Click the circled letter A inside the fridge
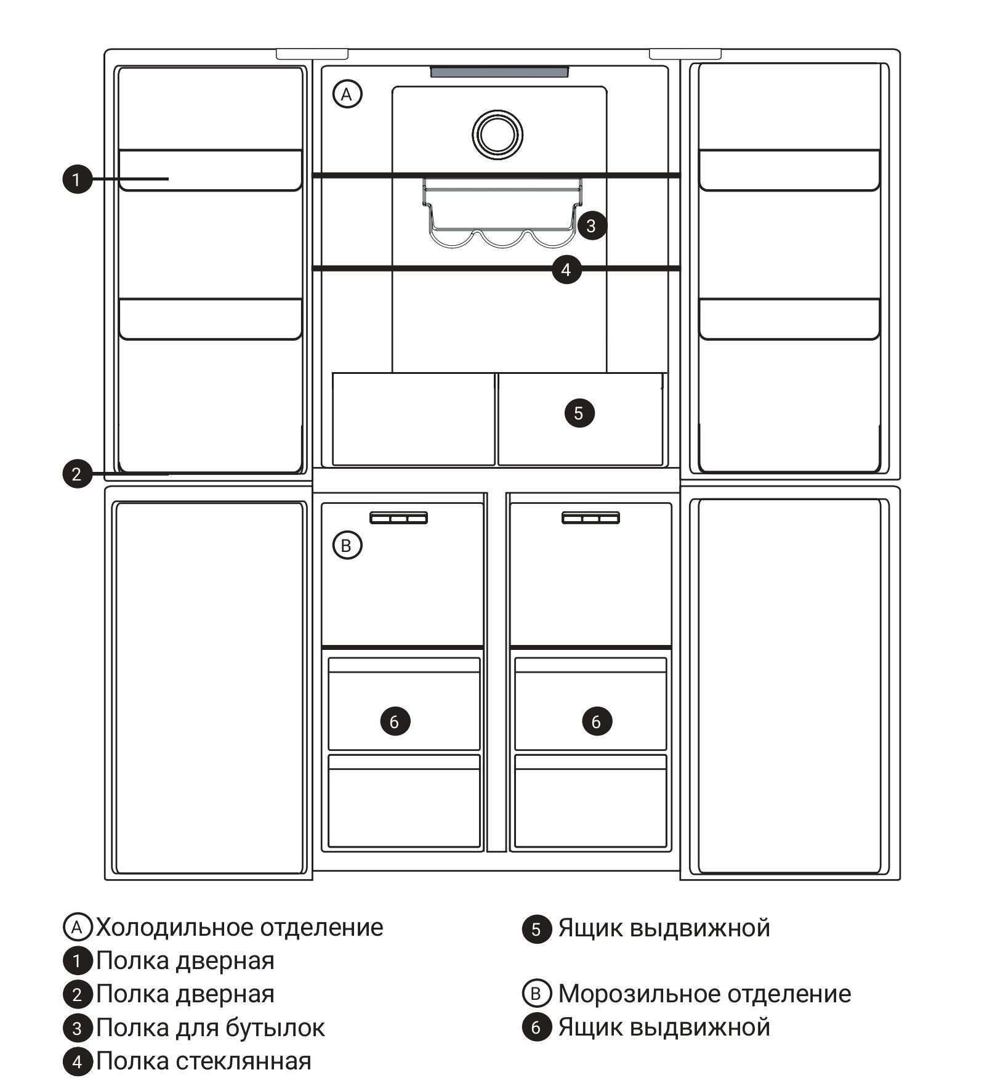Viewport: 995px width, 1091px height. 347,94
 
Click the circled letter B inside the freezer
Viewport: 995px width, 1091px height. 347,545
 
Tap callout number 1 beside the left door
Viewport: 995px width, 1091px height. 77,179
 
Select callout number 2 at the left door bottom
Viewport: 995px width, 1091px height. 77,474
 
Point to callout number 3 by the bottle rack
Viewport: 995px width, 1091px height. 592,225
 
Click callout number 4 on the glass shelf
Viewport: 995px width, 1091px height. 566,269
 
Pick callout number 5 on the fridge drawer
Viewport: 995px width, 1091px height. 579,413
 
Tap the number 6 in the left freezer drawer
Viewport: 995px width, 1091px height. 395,721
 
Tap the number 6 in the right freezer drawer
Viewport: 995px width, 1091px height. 597,721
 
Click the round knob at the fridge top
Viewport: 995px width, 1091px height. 498,134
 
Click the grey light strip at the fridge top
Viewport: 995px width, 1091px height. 499,72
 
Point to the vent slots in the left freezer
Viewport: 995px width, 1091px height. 398,518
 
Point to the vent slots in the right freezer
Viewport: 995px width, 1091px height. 590,518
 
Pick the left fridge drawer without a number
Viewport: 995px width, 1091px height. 413,419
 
